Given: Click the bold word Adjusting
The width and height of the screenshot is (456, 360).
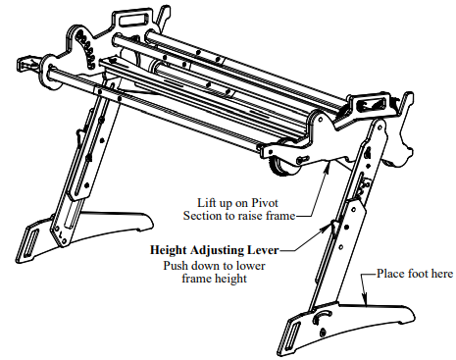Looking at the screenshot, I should coord(233,249).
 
